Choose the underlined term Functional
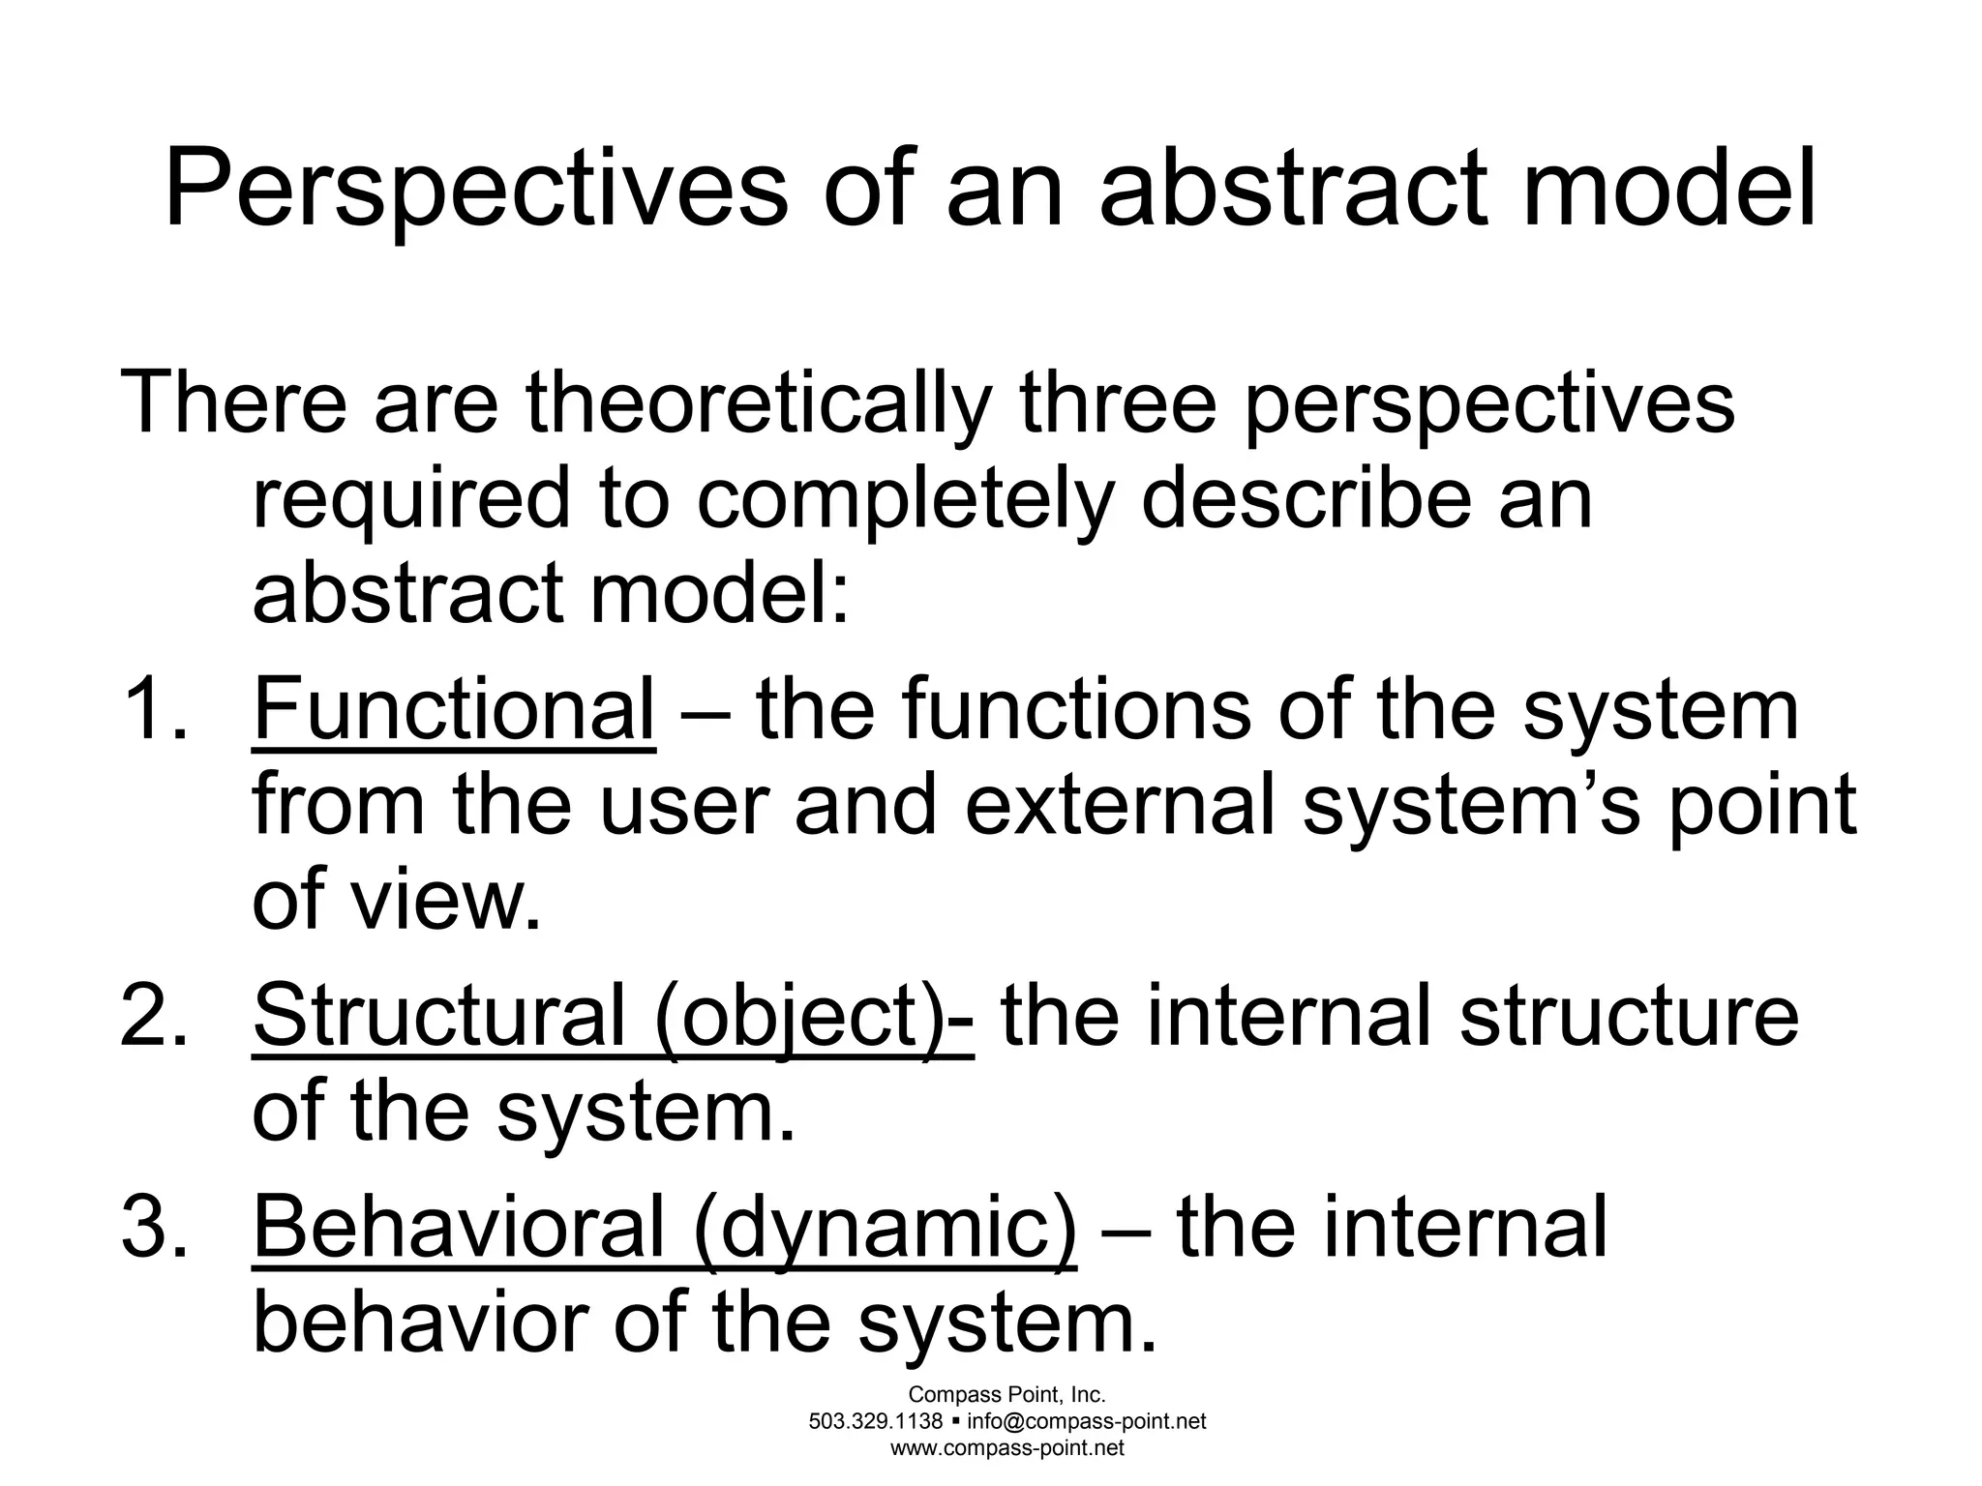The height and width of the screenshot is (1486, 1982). tap(454, 709)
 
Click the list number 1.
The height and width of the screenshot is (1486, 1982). tap(151, 709)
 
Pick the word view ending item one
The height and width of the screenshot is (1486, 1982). tap(444, 901)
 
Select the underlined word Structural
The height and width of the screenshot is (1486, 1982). tap(439, 1016)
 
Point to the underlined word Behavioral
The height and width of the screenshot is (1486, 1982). tap(459, 1227)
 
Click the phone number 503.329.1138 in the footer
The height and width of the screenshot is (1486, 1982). tap(876, 1421)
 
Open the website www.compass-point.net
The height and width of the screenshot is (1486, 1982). tap(1006, 1448)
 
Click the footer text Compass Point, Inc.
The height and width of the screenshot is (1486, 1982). tap(1006, 1394)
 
